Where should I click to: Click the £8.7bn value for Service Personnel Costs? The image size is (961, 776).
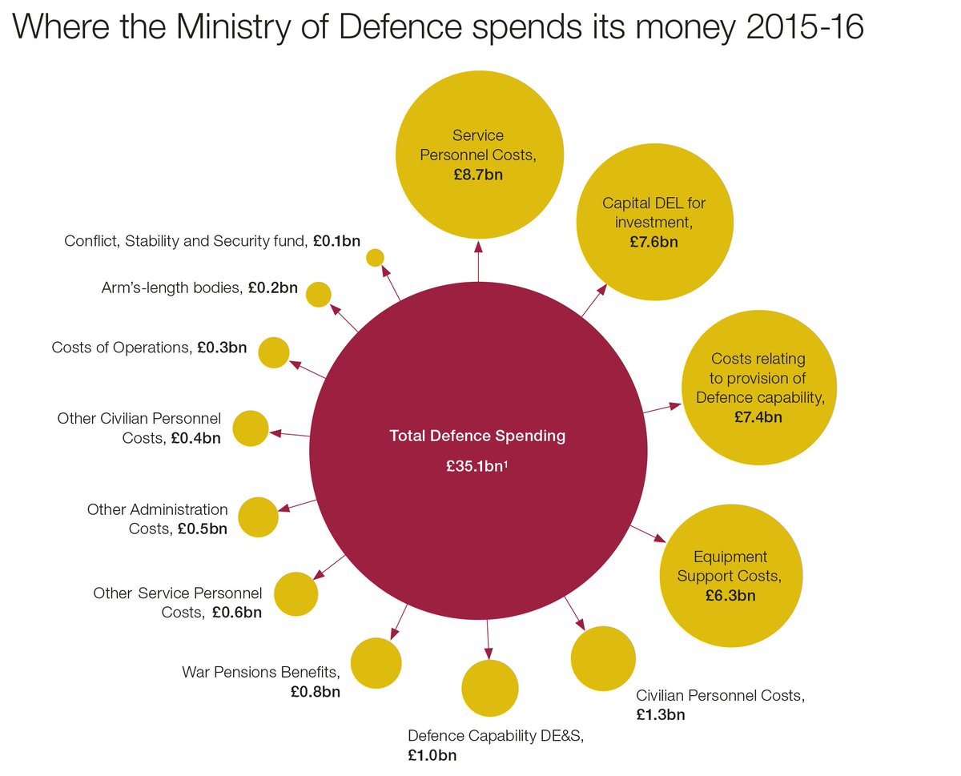477,175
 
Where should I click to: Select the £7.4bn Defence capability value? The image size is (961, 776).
758,416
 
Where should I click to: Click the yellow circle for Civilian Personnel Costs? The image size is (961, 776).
603,658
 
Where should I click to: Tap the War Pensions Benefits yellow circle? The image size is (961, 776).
376,663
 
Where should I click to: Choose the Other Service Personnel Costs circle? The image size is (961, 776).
296,594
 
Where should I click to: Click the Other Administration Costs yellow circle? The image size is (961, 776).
258,517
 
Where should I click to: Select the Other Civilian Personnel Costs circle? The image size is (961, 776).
249,428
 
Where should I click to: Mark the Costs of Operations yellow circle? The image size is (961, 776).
273,352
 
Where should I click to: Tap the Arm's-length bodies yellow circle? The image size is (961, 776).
319,294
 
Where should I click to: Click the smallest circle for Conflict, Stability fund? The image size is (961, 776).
375,257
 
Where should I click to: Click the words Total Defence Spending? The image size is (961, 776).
477,436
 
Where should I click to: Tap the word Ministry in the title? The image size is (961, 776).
210,30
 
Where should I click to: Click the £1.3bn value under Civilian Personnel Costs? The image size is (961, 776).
661,714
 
